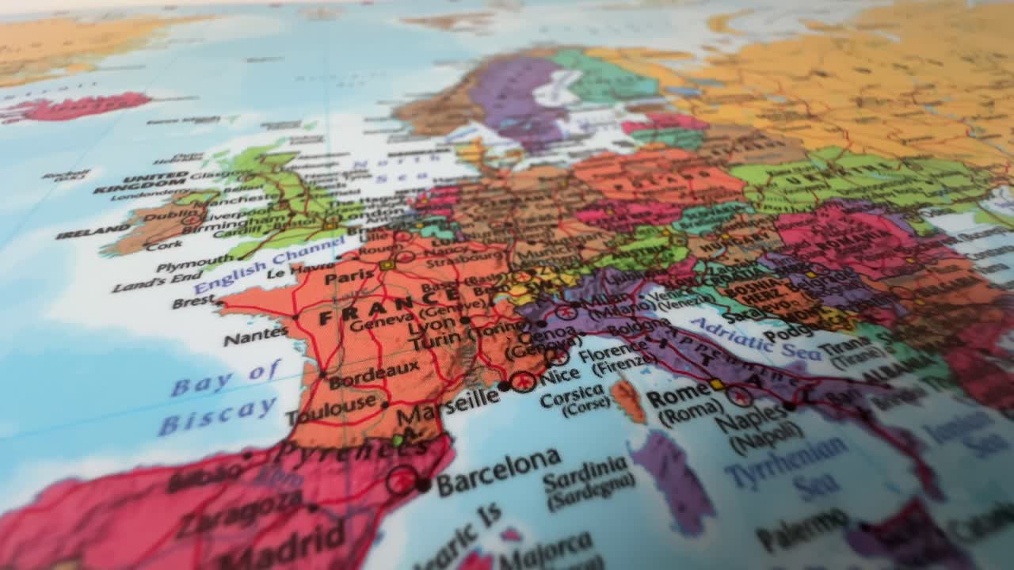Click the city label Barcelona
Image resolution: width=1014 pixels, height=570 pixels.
click(x=499, y=467)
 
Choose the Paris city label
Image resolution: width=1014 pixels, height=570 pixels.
click(x=349, y=278)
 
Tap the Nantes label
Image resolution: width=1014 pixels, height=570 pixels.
click(x=255, y=336)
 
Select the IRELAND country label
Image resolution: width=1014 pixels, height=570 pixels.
click(x=93, y=231)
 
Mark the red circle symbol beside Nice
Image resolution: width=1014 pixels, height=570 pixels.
click(x=523, y=382)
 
